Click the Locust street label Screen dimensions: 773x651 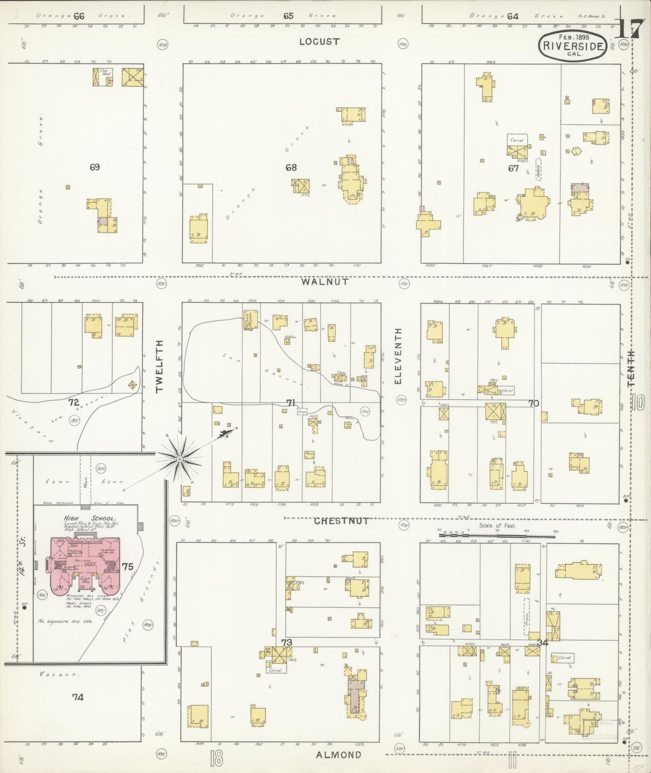point(319,41)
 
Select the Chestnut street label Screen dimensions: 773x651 point(341,521)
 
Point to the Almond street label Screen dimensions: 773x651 point(338,755)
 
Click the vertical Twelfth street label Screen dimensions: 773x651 point(159,367)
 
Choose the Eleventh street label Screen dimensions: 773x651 point(397,356)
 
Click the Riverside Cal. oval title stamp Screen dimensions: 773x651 point(573,46)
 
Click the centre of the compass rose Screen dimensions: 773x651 point(179,459)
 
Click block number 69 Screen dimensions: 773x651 point(94,167)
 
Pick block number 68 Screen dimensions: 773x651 point(291,167)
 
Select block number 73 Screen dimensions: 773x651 point(287,642)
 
